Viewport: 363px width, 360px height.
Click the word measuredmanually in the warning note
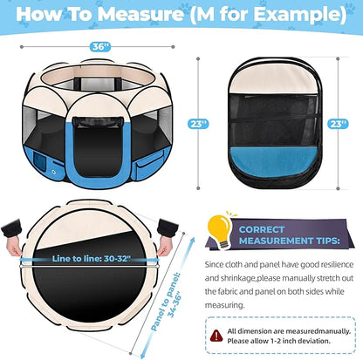(x=314, y=332)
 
